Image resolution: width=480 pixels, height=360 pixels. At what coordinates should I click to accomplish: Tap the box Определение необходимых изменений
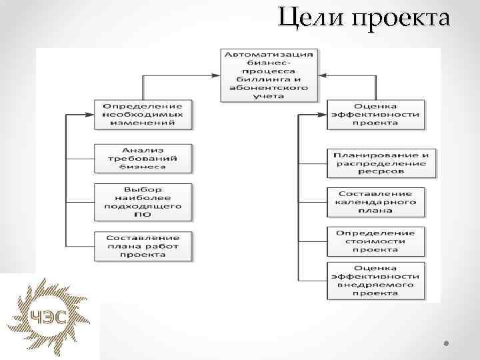click(143, 115)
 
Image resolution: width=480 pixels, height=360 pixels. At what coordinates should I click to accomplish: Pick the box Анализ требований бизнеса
click(143, 159)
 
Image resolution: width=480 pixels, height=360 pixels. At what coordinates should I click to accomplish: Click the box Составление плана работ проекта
click(143, 246)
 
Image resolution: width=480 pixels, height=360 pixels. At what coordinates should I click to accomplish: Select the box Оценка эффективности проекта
click(376, 115)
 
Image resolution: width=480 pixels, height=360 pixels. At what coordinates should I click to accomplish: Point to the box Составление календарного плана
click(376, 202)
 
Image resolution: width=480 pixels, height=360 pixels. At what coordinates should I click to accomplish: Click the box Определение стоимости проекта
click(376, 241)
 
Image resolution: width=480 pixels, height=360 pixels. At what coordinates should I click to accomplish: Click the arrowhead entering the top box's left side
click(218, 75)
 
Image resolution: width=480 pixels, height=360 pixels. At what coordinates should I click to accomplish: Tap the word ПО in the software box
click(143, 215)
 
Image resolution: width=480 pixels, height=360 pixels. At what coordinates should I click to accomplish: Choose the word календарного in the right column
click(376, 202)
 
